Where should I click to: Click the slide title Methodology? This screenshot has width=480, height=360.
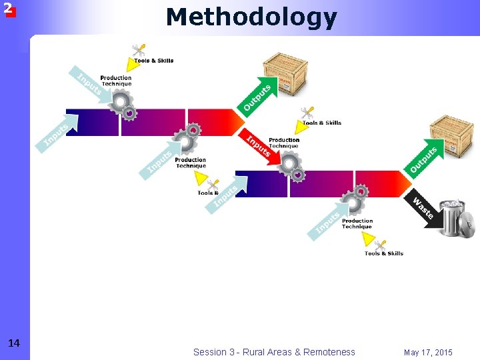(x=251, y=17)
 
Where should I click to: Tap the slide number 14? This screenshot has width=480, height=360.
(x=13, y=343)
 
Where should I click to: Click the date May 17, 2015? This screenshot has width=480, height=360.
(x=428, y=352)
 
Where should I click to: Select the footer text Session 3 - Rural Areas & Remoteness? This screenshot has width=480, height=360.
(x=274, y=352)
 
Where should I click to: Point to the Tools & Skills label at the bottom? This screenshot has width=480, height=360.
(x=384, y=253)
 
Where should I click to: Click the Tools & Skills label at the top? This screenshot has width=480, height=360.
(x=153, y=61)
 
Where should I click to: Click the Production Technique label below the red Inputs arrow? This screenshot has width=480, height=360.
(x=284, y=143)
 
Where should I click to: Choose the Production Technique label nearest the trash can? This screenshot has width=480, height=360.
(x=357, y=223)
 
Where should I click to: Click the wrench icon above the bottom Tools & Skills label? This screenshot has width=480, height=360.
(x=381, y=245)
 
